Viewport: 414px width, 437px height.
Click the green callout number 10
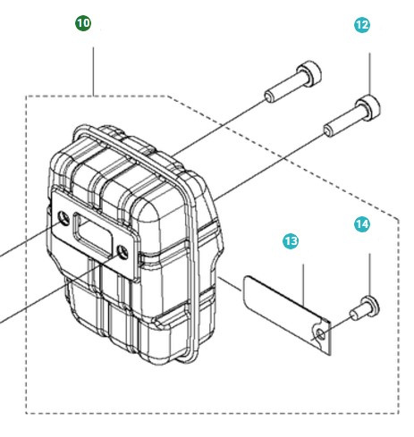(83, 24)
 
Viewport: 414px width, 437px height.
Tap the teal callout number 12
(362, 26)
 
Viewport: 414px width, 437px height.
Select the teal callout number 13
(291, 241)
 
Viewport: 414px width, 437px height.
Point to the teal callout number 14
(361, 225)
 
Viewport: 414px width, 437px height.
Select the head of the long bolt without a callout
(306, 71)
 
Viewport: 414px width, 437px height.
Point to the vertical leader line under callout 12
(369, 71)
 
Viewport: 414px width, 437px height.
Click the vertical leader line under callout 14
(369, 273)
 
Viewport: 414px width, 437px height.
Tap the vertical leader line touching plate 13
(306, 286)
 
